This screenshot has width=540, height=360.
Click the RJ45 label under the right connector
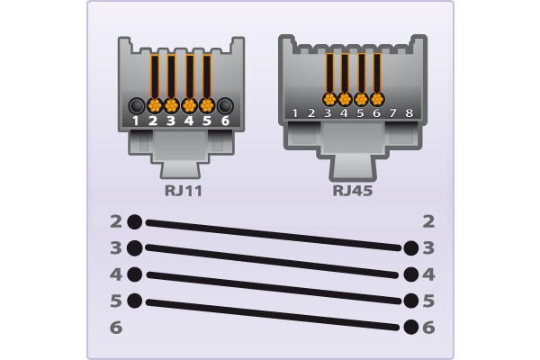coord(353,190)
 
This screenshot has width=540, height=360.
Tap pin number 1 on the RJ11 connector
coord(136,120)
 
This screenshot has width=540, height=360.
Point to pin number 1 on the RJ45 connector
coord(295,113)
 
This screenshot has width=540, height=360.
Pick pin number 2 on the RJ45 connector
coord(311,113)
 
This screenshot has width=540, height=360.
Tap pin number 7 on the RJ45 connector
coord(393,113)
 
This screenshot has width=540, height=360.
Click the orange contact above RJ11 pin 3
coord(171,104)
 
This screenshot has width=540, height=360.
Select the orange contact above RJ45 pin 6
coord(377,98)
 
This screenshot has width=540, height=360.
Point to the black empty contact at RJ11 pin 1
coord(136,104)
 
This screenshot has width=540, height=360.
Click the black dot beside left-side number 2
coord(135,221)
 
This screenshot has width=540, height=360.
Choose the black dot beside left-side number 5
coord(135,301)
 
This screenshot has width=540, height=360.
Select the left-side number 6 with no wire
coord(116,328)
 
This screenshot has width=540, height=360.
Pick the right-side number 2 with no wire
coord(428,221)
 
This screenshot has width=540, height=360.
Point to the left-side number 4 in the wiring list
coord(116,274)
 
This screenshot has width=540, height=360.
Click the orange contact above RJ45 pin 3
coord(328,98)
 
